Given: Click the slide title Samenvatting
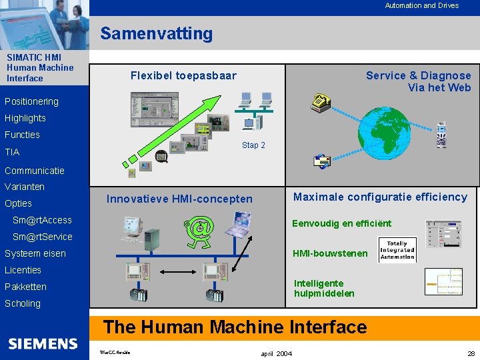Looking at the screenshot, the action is tap(157, 33).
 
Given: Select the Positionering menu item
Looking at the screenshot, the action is tap(31, 101).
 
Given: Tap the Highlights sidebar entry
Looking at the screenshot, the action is tap(25, 118).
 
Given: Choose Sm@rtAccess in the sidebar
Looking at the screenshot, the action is tap(42, 220).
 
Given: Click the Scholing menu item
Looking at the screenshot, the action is tap(23, 303).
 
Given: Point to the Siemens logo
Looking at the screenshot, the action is tap(43, 344).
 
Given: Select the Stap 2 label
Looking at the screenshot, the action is tap(253, 145).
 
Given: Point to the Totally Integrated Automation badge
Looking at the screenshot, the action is tap(397, 249).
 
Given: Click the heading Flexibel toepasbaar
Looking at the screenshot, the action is tap(183, 75).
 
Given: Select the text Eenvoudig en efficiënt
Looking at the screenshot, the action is tap(342, 223).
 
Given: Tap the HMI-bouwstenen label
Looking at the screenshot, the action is tap(330, 253).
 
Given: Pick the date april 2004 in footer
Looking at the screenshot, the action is tap(275, 353).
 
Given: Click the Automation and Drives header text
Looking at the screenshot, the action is tap(421, 5).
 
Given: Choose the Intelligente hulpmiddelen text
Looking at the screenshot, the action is tap(324, 288).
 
